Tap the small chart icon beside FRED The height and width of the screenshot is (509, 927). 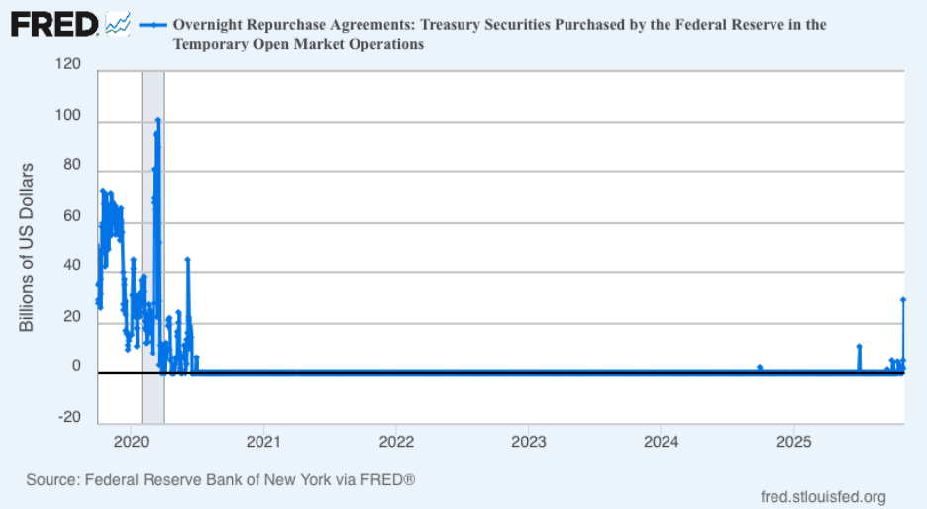tap(118, 23)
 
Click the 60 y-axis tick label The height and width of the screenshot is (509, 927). tap(71, 215)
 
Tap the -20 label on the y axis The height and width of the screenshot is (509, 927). tap(69, 417)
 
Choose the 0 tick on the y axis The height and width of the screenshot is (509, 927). tap(76, 366)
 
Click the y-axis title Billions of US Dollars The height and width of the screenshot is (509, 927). tap(27, 249)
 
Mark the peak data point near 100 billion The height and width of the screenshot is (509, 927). tap(157, 121)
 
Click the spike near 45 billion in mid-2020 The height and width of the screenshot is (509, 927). tap(187, 260)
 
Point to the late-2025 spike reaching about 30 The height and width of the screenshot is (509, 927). tap(902, 299)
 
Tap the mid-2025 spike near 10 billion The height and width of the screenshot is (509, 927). tap(859, 347)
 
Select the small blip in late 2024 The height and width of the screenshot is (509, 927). tap(759, 367)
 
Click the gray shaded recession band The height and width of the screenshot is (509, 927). tap(153, 248)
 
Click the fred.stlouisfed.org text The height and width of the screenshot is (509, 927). tap(822, 496)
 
